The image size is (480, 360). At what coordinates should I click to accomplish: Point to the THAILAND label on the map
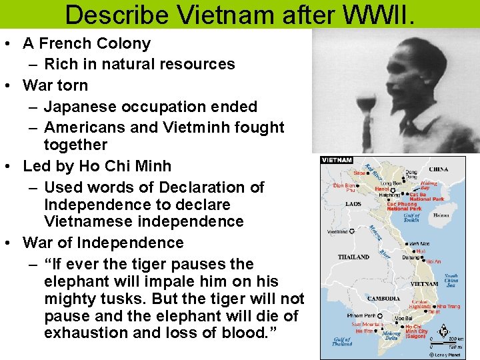click(353, 257)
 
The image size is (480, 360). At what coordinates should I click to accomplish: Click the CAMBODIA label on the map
click(384, 298)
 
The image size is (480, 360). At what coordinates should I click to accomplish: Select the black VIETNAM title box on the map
click(337, 160)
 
